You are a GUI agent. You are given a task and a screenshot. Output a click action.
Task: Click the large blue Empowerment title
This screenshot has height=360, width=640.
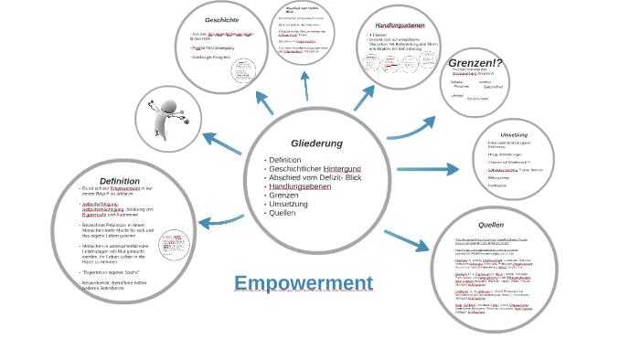click(304, 283)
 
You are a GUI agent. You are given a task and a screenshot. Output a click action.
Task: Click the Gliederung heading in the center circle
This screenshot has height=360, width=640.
click(316, 143)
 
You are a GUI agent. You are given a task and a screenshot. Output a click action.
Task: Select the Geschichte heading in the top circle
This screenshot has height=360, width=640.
click(221, 20)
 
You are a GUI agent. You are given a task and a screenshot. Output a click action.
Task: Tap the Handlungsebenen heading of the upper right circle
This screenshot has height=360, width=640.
click(398, 25)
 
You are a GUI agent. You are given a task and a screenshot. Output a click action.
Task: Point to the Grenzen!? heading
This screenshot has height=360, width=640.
click(475, 63)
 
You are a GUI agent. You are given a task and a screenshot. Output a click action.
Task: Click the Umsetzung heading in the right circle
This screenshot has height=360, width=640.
click(514, 134)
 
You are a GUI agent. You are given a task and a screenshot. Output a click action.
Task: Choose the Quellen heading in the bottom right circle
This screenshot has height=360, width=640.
click(491, 225)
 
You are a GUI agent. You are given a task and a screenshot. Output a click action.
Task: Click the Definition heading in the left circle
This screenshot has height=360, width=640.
click(120, 181)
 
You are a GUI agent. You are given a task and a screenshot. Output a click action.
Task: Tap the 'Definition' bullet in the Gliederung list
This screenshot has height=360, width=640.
click(285, 160)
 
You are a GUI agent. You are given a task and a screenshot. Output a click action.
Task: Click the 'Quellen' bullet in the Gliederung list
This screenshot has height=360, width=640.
click(282, 212)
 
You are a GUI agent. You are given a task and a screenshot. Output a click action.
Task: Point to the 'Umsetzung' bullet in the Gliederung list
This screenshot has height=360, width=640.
click(287, 204)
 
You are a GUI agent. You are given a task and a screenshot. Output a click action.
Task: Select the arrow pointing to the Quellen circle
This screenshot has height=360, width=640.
click(406, 240)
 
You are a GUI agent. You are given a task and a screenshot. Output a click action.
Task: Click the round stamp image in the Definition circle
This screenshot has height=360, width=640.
click(172, 245)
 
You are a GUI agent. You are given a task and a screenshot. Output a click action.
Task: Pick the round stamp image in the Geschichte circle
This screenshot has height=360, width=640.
click(243, 70)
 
